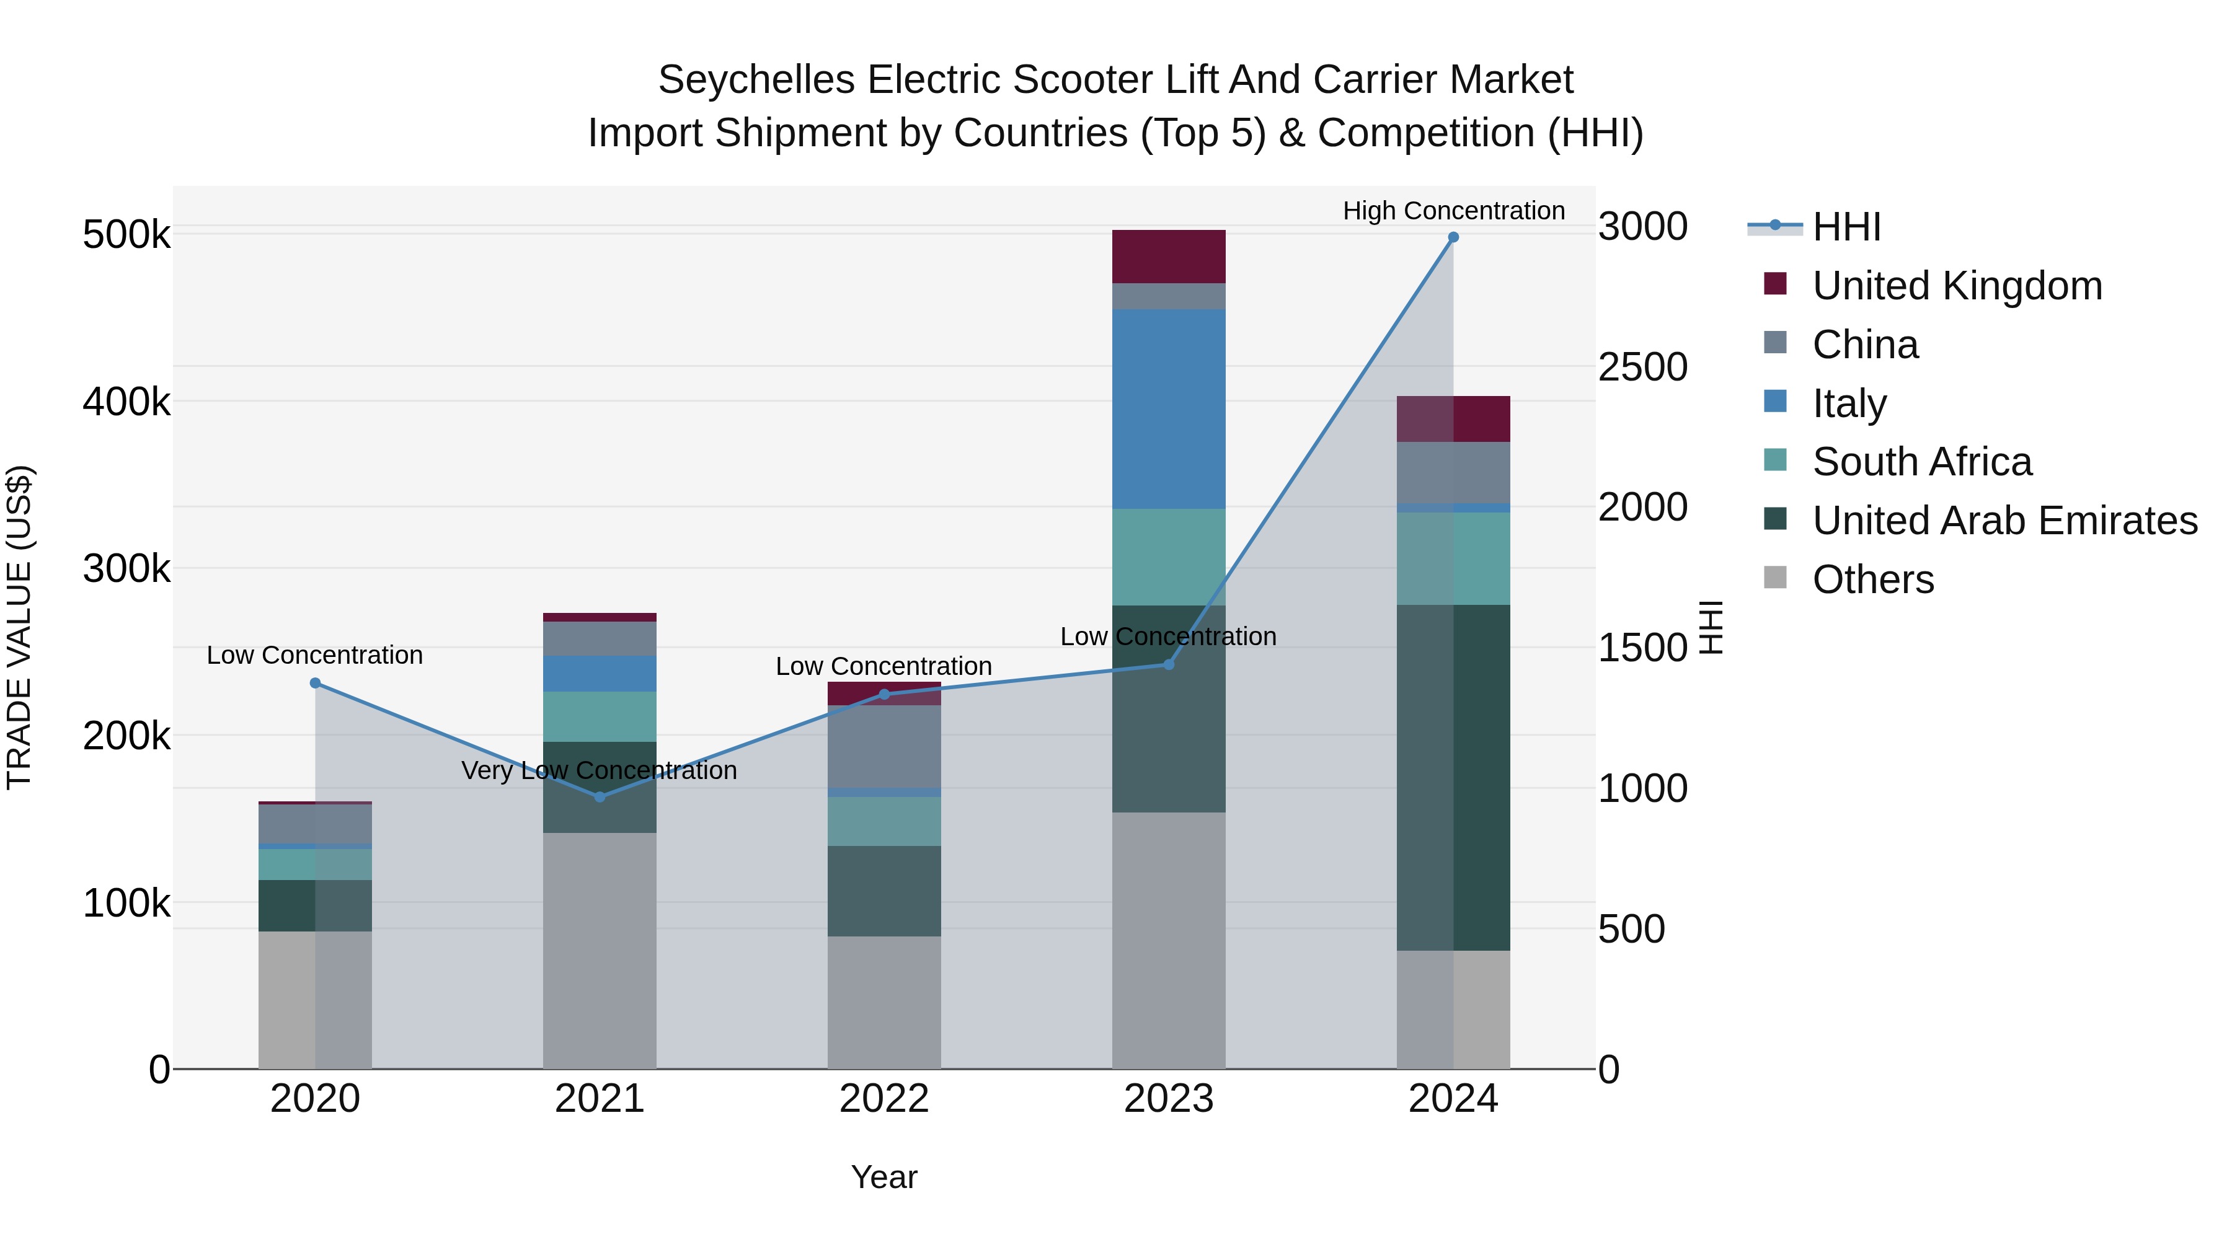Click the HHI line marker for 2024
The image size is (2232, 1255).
(x=1453, y=237)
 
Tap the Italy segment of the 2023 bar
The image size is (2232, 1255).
(x=1168, y=409)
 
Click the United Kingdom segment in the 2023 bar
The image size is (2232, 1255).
(x=1168, y=257)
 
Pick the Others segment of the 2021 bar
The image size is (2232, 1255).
(x=600, y=950)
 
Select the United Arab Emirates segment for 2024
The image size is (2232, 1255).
(x=1453, y=777)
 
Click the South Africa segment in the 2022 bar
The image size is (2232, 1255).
(x=883, y=821)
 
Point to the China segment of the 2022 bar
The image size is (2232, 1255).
(x=883, y=747)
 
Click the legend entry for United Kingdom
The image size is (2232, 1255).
(x=1957, y=286)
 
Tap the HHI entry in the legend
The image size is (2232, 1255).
(x=1846, y=227)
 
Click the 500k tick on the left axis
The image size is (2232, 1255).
(x=126, y=235)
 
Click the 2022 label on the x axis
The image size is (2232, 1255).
(x=883, y=1099)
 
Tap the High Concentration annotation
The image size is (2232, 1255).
(x=1453, y=211)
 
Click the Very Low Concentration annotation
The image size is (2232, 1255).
(x=600, y=770)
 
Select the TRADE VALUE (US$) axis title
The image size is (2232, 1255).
(x=19, y=627)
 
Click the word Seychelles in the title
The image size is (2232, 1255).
(x=756, y=80)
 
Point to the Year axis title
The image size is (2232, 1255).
(x=883, y=1177)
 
